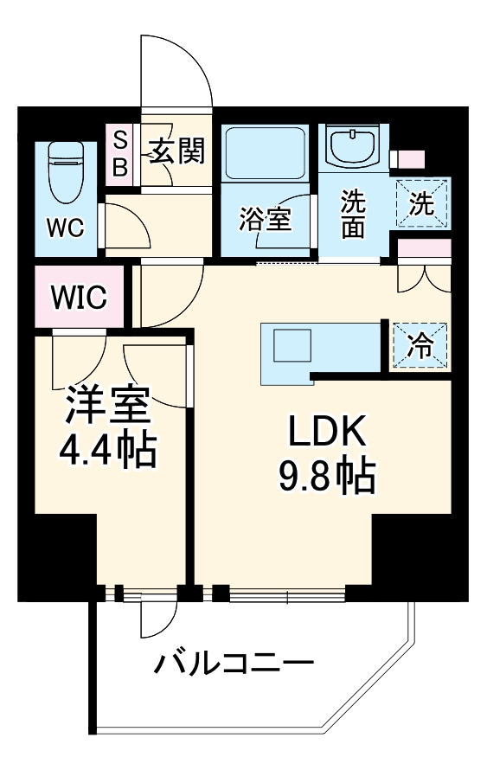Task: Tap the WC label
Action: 65,228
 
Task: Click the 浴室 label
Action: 265,220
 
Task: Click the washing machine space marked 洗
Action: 423,204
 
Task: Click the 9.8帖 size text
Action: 326,474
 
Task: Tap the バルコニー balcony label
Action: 233,665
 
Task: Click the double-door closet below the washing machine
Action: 424,277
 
